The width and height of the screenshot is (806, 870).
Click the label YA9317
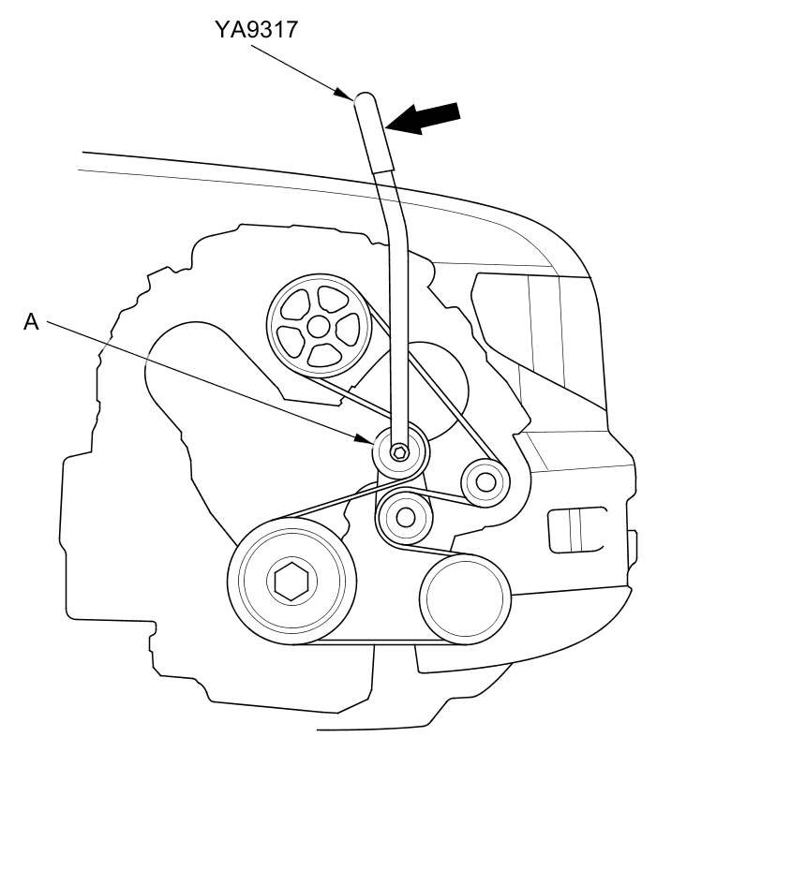point(257,30)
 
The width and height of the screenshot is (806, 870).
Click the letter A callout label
point(31,322)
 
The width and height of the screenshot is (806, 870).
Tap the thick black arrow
point(424,118)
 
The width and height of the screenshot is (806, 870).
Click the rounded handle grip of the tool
point(374,133)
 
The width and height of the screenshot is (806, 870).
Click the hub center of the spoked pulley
point(318,327)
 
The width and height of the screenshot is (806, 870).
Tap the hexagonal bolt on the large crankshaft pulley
point(291,581)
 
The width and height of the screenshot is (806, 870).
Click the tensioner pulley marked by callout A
point(399,452)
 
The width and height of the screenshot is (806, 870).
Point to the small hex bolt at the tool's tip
point(399,452)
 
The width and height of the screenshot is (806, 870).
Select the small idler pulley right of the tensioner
point(485,482)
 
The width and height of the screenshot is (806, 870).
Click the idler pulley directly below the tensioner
point(405,517)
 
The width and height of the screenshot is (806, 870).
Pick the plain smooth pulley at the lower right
point(465,599)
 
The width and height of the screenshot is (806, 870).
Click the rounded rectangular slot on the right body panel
point(576,530)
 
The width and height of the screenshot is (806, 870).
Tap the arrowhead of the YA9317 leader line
point(345,95)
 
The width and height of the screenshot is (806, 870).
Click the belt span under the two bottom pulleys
point(378,642)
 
